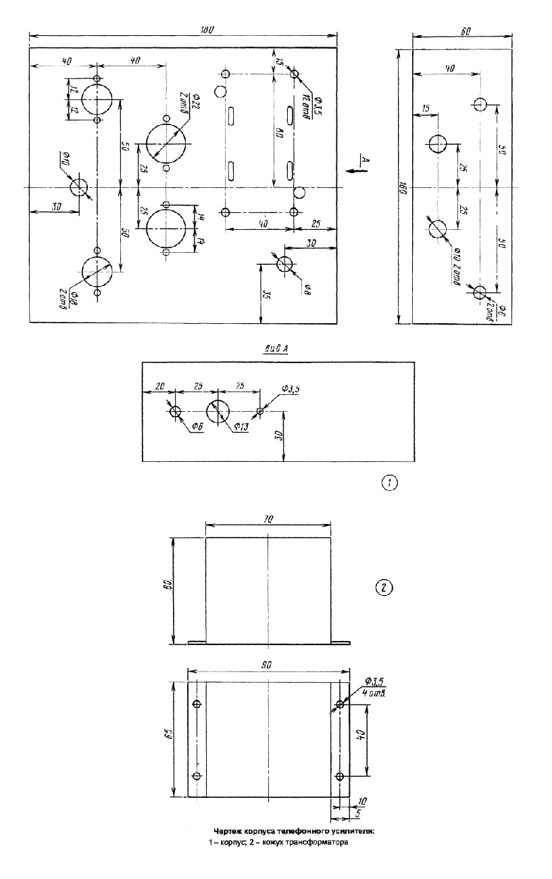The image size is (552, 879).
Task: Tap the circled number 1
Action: coord(390,482)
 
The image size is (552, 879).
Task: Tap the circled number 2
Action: coord(383,587)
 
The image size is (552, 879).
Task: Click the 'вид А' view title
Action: coord(278,350)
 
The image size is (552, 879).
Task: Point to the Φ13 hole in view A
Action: coord(218,411)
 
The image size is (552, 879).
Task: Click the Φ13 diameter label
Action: coord(241,427)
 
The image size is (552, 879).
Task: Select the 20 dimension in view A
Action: coord(160,387)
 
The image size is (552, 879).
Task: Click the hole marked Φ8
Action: coord(284,264)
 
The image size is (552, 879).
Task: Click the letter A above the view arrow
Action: coord(362,159)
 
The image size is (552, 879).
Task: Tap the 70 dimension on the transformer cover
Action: coord(268,519)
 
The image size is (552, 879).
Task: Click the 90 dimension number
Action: coord(267,666)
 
